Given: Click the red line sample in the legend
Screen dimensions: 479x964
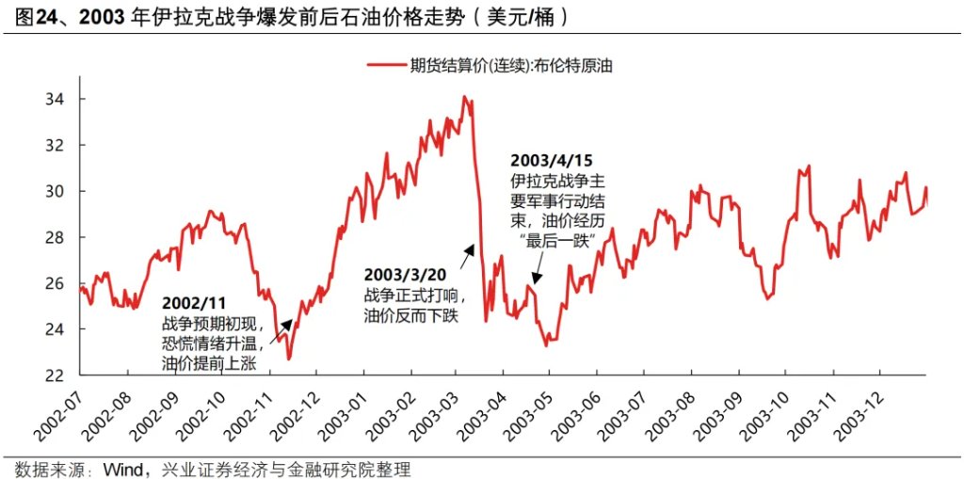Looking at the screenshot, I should pos(384,65).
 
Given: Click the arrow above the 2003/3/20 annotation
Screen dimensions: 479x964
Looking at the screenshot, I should pos(469,251).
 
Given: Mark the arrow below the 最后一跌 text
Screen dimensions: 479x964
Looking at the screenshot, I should pos(535,276).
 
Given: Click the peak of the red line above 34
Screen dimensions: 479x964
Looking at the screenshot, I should pos(465,96).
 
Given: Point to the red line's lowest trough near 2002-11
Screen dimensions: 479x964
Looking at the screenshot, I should pos(289,359).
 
